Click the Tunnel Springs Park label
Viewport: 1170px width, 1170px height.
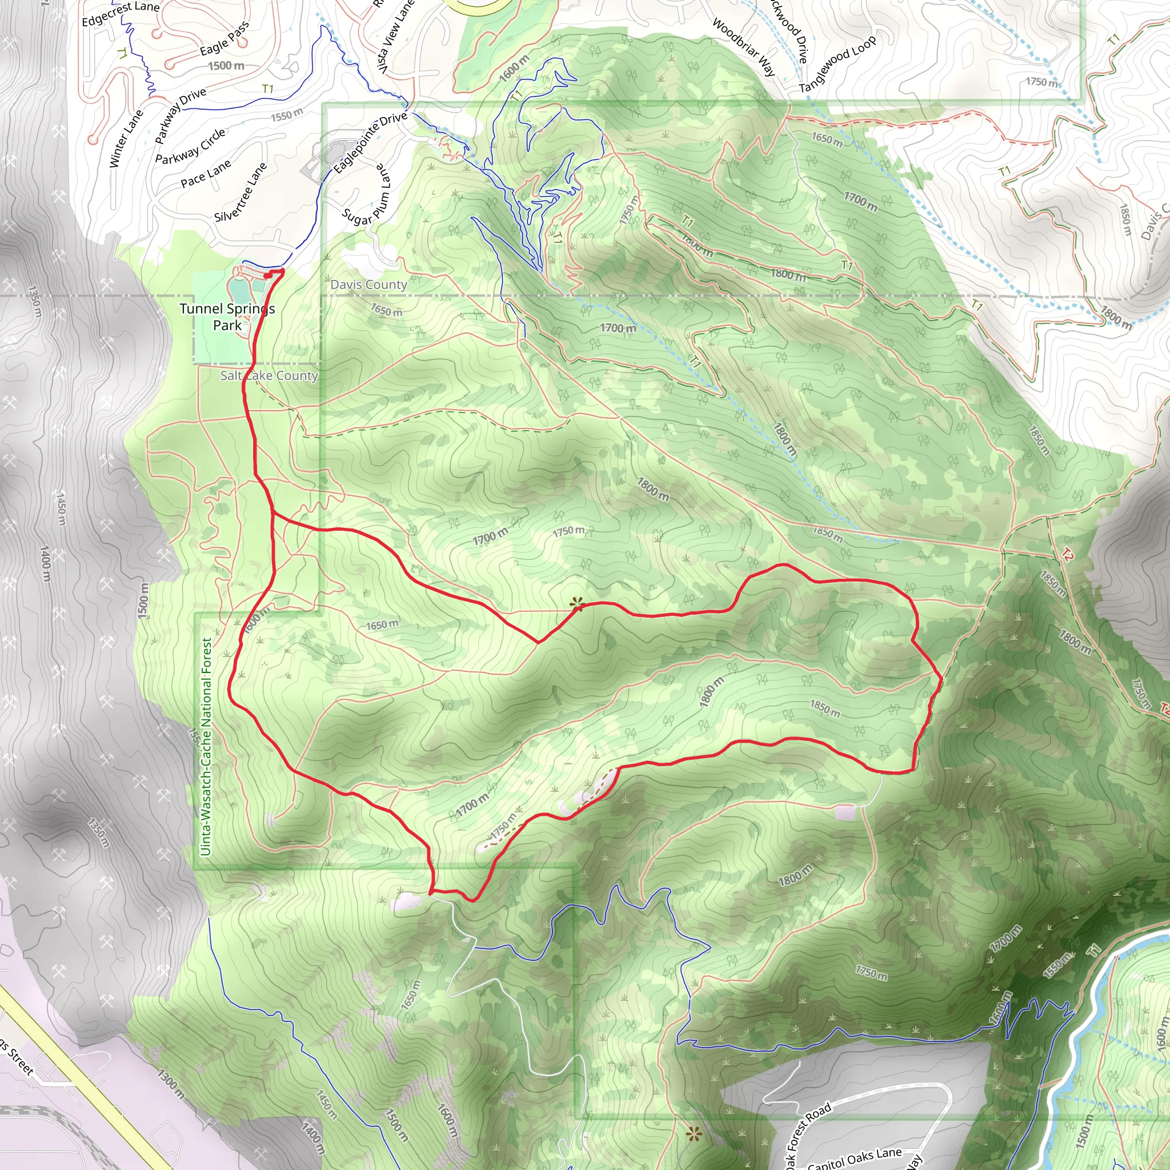(x=227, y=316)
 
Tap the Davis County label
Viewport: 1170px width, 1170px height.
(x=368, y=285)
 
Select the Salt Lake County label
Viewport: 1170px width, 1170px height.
(x=269, y=375)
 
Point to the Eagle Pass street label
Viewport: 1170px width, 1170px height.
(x=224, y=39)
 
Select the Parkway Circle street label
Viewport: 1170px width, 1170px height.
(x=190, y=146)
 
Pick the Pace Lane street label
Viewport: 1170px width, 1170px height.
(x=205, y=174)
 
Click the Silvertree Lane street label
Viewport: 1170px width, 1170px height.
(x=241, y=192)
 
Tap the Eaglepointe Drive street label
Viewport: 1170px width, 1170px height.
(x=370, y=142)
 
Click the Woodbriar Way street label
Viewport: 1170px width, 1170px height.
(x=743, y=47)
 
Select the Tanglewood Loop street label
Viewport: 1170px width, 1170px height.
(x=837, y=64)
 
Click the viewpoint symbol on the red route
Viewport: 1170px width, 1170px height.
(x=576, y=603)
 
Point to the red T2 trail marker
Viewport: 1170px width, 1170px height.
(x=1067, y=554)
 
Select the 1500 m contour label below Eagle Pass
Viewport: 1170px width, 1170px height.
(x=226, y=65)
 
